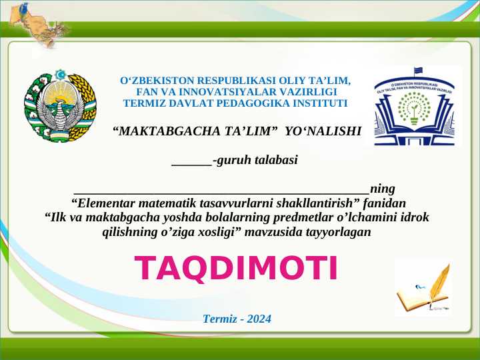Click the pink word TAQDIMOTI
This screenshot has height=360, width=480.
click(x=237, y=268)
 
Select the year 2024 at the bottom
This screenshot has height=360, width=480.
click(x=259, y=319)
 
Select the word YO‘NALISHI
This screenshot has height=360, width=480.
click(x=323, y=131)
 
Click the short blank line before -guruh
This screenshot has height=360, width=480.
click(x=191, y=161)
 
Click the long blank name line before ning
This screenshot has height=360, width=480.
click(x=221, y=189)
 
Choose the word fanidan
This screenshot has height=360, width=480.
click(x=385, y=203)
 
